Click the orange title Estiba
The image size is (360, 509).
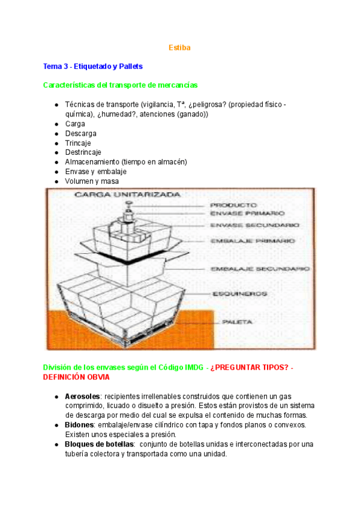click(179, 47)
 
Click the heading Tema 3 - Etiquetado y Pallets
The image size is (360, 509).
click(93, 66)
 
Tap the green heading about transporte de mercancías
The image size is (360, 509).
click(120, 85)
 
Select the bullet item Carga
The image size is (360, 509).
click(75, 124)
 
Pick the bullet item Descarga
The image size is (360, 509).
click(80, 133)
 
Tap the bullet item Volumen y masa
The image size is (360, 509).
click(92, 181)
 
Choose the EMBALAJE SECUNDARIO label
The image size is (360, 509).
click(259, 269)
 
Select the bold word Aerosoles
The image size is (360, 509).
click(82, 397)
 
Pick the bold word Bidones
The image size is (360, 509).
click(79, 425)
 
